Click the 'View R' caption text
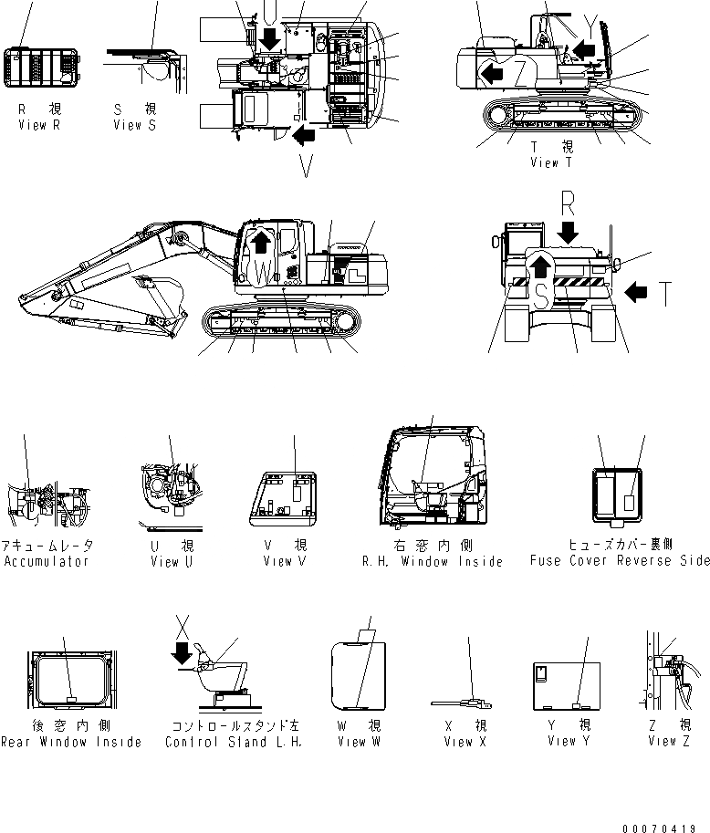(38, 125)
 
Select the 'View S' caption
(133, 125)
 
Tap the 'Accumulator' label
(47, 561)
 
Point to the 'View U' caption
(171, 561)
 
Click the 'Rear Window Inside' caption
(71, 742)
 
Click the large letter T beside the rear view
(667, 294)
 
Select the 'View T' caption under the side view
(550, 162)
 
